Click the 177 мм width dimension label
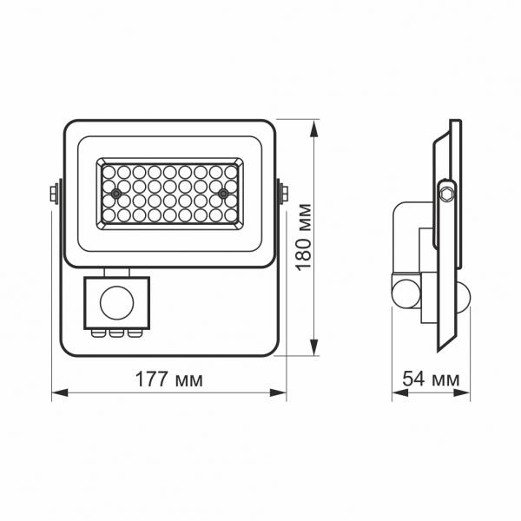coord(169,379)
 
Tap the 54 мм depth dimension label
coord(430,379)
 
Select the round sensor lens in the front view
coord(113,303)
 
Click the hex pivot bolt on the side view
coord(446,192)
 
